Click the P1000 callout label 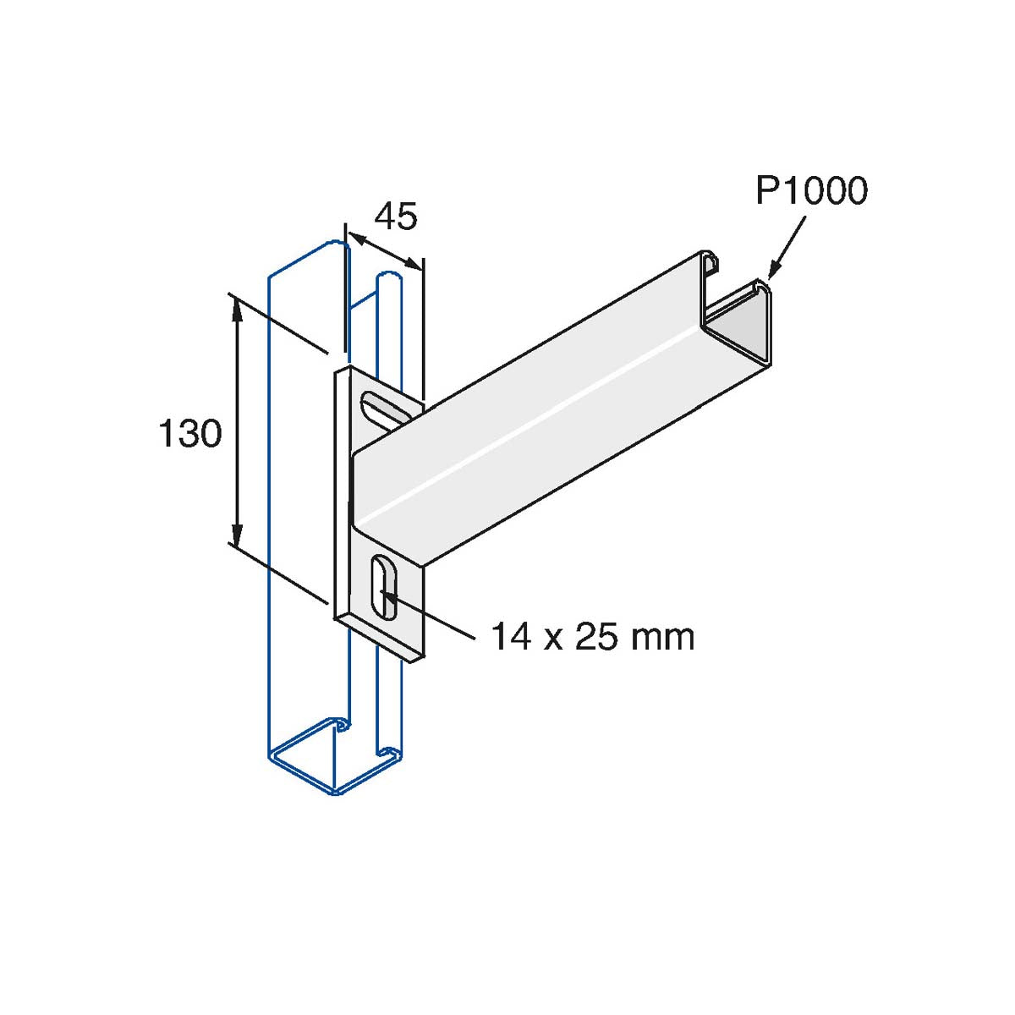click(811, 191)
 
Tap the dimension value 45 click(395, 217)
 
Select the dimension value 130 click(190, 434)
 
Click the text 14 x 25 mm click(592, 636)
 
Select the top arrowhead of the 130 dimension click(238, 310)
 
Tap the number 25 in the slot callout click(595, 636)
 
